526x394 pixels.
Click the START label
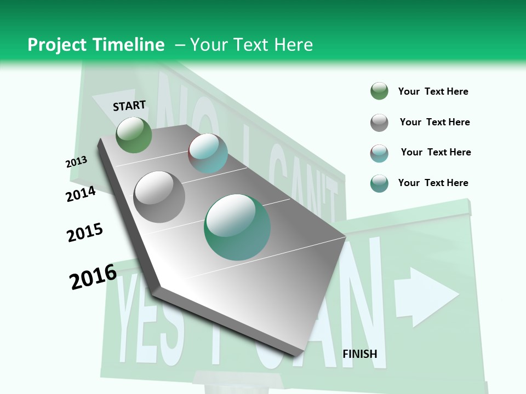129,106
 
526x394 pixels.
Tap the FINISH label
360,354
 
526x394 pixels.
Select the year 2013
77,162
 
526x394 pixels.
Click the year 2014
81,194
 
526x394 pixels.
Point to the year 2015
85,233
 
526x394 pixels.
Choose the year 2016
93,277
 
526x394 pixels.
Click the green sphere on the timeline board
134,135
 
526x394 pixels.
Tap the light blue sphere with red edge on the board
208,153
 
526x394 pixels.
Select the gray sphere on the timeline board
159,196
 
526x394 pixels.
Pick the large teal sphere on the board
237,227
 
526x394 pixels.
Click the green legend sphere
379,91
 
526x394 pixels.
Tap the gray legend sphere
379,123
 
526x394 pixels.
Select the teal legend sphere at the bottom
379,183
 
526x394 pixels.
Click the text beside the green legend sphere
433,91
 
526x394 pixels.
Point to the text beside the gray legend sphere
434,122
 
